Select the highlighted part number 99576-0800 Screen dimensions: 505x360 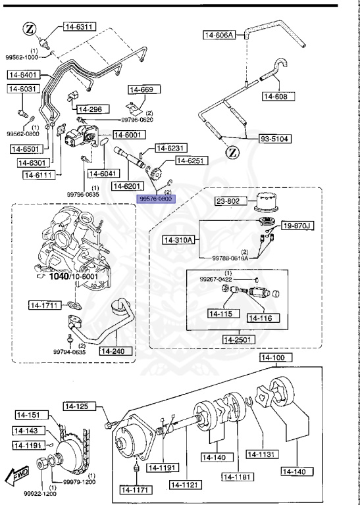pos(155,198)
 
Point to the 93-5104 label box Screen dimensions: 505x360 pos(275,139)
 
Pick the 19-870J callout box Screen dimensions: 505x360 pos(298,226)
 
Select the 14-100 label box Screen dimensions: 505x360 pos(272,358)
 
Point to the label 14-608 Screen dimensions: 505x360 pos(276,97)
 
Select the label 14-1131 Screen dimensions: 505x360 pos(263,453)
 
